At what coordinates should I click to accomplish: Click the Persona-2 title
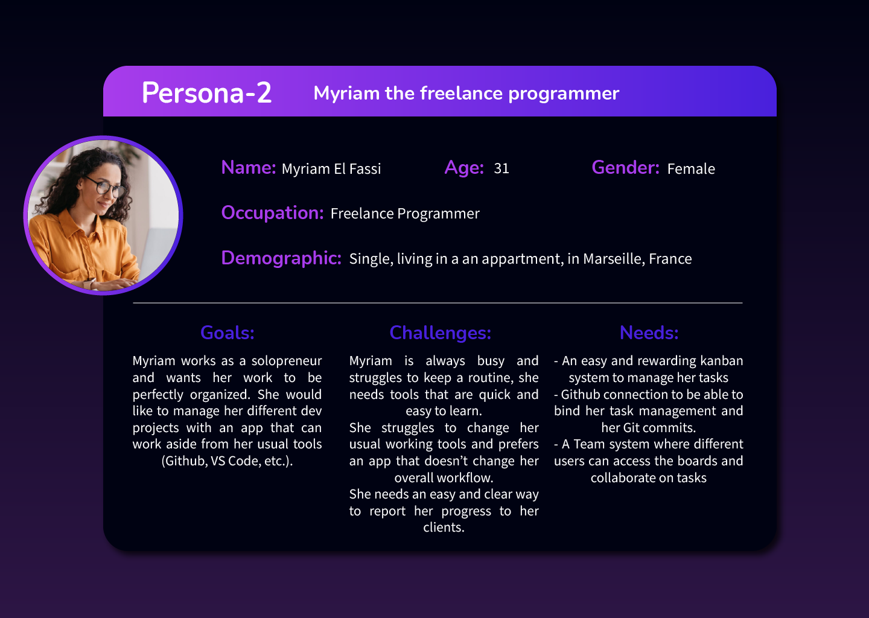coord(206,93)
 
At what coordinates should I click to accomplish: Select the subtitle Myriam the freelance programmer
coord(466,94)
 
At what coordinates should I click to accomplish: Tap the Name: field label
coord(248,168)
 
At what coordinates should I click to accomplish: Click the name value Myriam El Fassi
coord(331,169)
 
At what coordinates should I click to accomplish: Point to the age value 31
coord(501,168)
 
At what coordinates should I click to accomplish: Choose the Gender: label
coord(625,168)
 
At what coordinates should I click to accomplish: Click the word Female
coord(691,169)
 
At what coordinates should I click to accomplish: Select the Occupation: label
coord(272,213)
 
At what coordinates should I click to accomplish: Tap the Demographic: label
coord(281,258)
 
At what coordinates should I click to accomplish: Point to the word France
coord(670,259)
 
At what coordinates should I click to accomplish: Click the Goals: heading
coord(227,333)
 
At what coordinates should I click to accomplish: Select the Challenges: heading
coord(441,333)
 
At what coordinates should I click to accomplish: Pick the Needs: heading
coord(649,333)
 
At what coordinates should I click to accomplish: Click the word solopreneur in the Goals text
coord(287,361)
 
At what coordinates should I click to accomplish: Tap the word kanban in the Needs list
coord(722,361)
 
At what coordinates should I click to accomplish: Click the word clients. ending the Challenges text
coord(444,527)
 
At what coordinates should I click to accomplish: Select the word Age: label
coord(464,168)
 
